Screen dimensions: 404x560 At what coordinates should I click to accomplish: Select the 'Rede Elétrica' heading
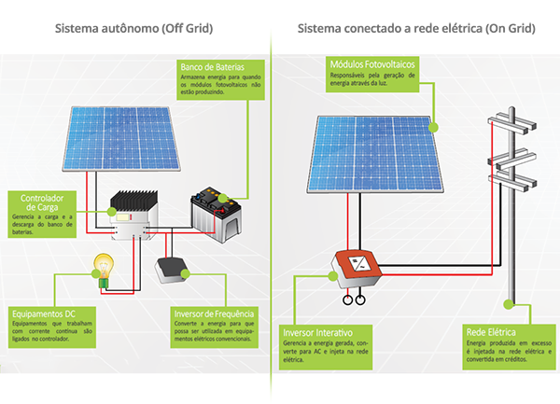(492, 332)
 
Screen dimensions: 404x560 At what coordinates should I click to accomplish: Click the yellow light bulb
(102, 265)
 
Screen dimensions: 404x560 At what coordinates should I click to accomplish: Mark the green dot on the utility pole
(510, 303)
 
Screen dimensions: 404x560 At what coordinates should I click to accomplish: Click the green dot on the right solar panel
(433, 123)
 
